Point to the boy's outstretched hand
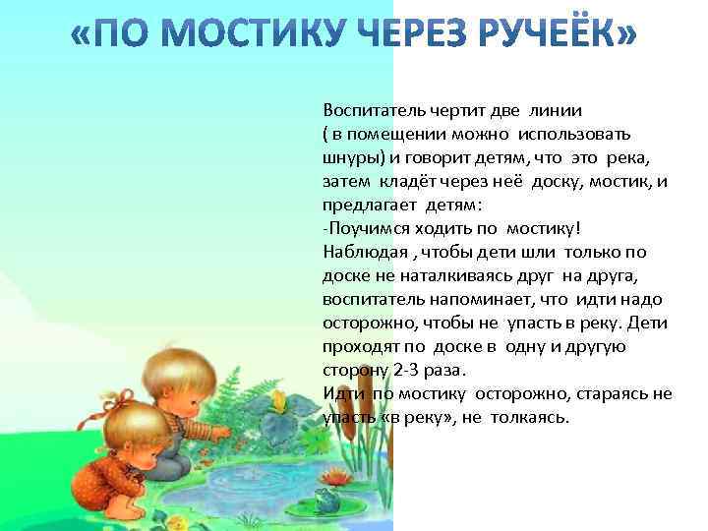tap(224, 430)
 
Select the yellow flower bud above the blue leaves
tap(278, 402)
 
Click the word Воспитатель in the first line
tap(371, 110)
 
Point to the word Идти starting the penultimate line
tap(340, 393)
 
